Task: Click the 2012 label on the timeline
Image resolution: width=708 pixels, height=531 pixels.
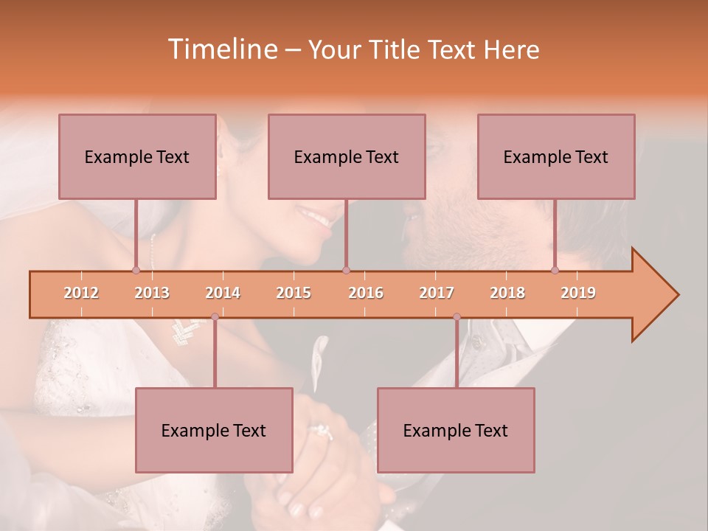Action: pyautogui.click(x=81, y=294)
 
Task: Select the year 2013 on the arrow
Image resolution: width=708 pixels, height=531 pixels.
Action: pyautogui.click(x=152, y=294)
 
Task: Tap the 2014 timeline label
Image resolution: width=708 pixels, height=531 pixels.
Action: pyautogui.click(x=223, y=294)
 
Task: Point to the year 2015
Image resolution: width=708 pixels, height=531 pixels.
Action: pyautogui.click(x=294, y=294)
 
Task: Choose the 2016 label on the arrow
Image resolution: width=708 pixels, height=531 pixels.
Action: pyautogui.click(x=366, y=294)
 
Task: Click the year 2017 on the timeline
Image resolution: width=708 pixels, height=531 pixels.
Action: pyautogui.click(x=437, y=294)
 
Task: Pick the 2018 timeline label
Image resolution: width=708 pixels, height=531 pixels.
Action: pyautogui.click(x=507, y=294)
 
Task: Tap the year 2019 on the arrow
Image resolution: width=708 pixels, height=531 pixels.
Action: pyautogui.click(x=578, y=294)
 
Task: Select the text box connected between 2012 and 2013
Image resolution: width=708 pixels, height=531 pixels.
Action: pyautogui.click(x=137, y=157)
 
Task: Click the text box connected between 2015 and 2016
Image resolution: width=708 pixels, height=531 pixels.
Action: pyautogui.click(x=347, y=157)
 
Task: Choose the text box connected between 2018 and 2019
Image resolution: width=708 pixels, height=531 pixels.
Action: pyautogui.click(x=556, y=157)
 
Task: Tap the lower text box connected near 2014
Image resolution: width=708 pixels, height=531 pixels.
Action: pyautogui.click(x=214, y=431)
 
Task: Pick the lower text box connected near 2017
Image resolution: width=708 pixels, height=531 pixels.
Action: pyautogui.click(x=456, y=431)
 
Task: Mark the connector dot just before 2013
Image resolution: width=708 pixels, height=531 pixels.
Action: pyautogui.click(x=136, y=270)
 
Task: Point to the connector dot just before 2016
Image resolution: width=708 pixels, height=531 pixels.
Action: pyautogui.click(x=347, y=270)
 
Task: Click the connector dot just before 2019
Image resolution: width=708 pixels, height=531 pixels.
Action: pyautogui.click(x=555, y=270)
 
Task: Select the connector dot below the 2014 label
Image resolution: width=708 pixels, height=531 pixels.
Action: pyautogui.click(x=215, y=317)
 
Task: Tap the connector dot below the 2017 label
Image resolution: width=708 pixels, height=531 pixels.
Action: pyautogui.click(x=457, y=317)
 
